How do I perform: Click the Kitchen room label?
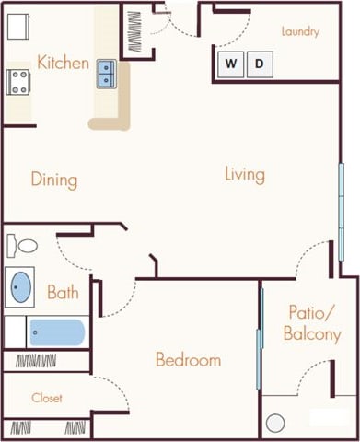[64, 64]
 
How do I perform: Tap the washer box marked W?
[231, 64]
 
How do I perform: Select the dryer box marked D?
[260, 64]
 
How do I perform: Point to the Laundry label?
[301, 32]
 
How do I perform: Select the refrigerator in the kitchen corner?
[18, 26]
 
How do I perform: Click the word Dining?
[53, 180]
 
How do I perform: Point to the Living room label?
[244, 174]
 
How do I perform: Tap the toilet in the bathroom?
[23, 247]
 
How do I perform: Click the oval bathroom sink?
[19, 288]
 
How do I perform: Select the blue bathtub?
[56, 332]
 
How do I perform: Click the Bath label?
[63, 294]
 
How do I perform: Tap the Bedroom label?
[188, 359]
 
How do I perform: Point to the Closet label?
[46, 399]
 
